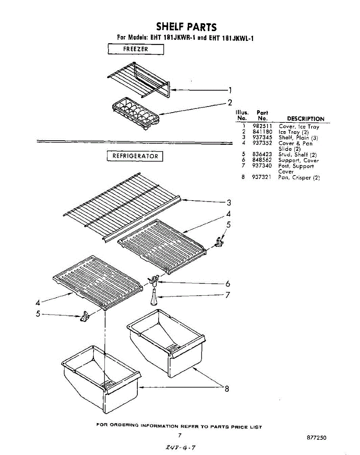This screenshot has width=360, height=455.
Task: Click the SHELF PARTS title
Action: [x=187, y=27]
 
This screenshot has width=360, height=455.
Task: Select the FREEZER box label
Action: [x=136, y=49]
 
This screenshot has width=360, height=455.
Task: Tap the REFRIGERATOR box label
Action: [x=135, y=156]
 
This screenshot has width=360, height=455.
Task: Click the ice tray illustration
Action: [x=135, y=113]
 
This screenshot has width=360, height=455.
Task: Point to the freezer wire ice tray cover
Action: [x=138, y=80]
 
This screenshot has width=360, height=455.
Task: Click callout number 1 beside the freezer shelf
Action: [x=230, y=90]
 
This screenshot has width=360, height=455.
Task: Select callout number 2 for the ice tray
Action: [x=230, y=102]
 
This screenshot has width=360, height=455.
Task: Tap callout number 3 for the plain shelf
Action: [x=229, y=202]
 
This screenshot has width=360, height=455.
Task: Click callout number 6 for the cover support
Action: [x=228, y=284]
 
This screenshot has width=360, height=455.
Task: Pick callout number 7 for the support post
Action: [x=228, y=295]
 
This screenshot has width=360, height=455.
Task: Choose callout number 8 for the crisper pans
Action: [x=227, y=388]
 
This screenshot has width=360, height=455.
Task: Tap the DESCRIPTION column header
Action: [x=305, y=119]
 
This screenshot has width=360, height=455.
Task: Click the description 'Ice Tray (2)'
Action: [x=294, y=132]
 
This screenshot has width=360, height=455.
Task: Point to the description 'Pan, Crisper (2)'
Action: [x=299, y=177]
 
